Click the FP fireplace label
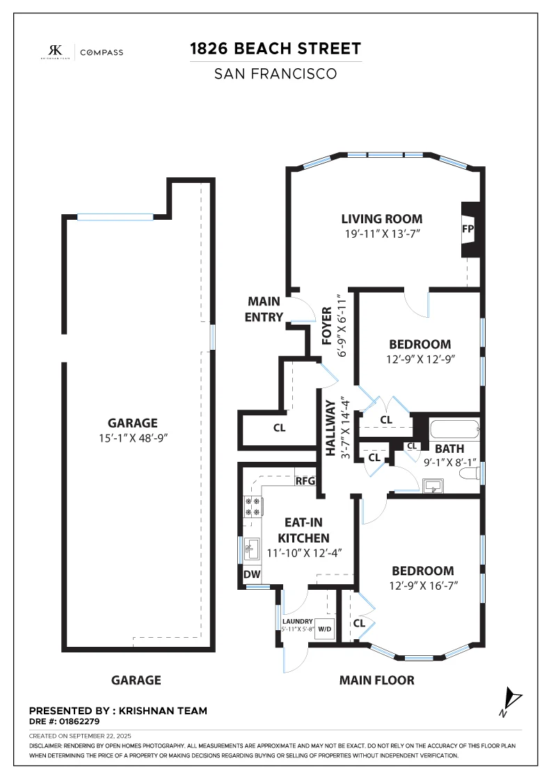click(468, 229)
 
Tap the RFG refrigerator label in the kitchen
click(305, 481)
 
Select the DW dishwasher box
click(252, 575)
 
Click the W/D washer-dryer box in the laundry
click(324, 629)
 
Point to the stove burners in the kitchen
click(253, 507)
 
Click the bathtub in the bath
click(454, 429)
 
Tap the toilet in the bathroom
click(468, 474)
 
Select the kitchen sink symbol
click(251, 548)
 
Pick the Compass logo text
click(102, 52)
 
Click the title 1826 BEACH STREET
click(275, 49)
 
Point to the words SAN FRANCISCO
click(275, 74)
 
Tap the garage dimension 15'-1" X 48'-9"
click(133, 438)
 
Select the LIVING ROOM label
click(381, 219)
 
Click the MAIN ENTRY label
click(264, 309)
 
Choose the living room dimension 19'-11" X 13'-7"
click(383, 234)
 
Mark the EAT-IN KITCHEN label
click(303, 530)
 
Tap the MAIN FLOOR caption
click(376, 680)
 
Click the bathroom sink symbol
click(433, 486)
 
